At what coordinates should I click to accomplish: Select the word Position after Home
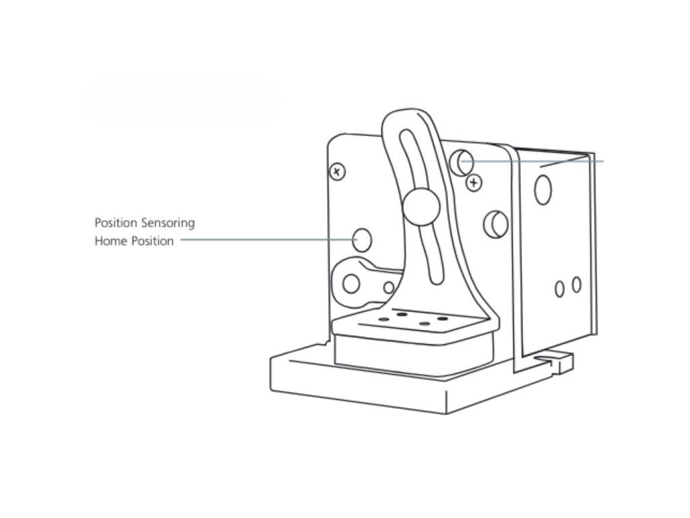coord(152,241)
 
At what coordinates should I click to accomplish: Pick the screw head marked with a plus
coord(476,182)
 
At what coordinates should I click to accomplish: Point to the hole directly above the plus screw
coord(463,162)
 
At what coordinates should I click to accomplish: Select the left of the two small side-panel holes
coord(559,289)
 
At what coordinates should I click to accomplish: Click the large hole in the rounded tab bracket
coord(351,284)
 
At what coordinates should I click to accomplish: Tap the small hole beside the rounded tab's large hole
coord(388,288)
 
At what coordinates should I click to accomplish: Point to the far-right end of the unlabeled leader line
coord(602,161)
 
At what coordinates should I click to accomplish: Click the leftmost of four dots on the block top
coord(383,318)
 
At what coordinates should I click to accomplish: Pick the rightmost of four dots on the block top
coord(443,318)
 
